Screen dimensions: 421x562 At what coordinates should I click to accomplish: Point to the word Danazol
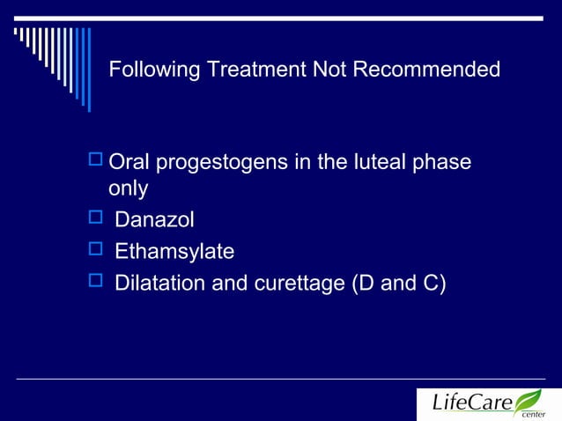tap(154, 220)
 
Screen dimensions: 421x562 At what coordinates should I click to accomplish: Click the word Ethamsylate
tap(174, 252)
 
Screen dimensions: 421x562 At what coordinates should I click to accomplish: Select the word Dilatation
tap(159, 284)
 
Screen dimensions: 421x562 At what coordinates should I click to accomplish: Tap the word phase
tap(446, 164)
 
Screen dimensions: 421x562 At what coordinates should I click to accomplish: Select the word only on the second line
tap(128, 189)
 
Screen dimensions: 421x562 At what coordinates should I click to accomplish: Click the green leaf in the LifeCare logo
tap(529, 399)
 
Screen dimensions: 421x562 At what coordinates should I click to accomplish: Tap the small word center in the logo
tap(533, 414)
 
